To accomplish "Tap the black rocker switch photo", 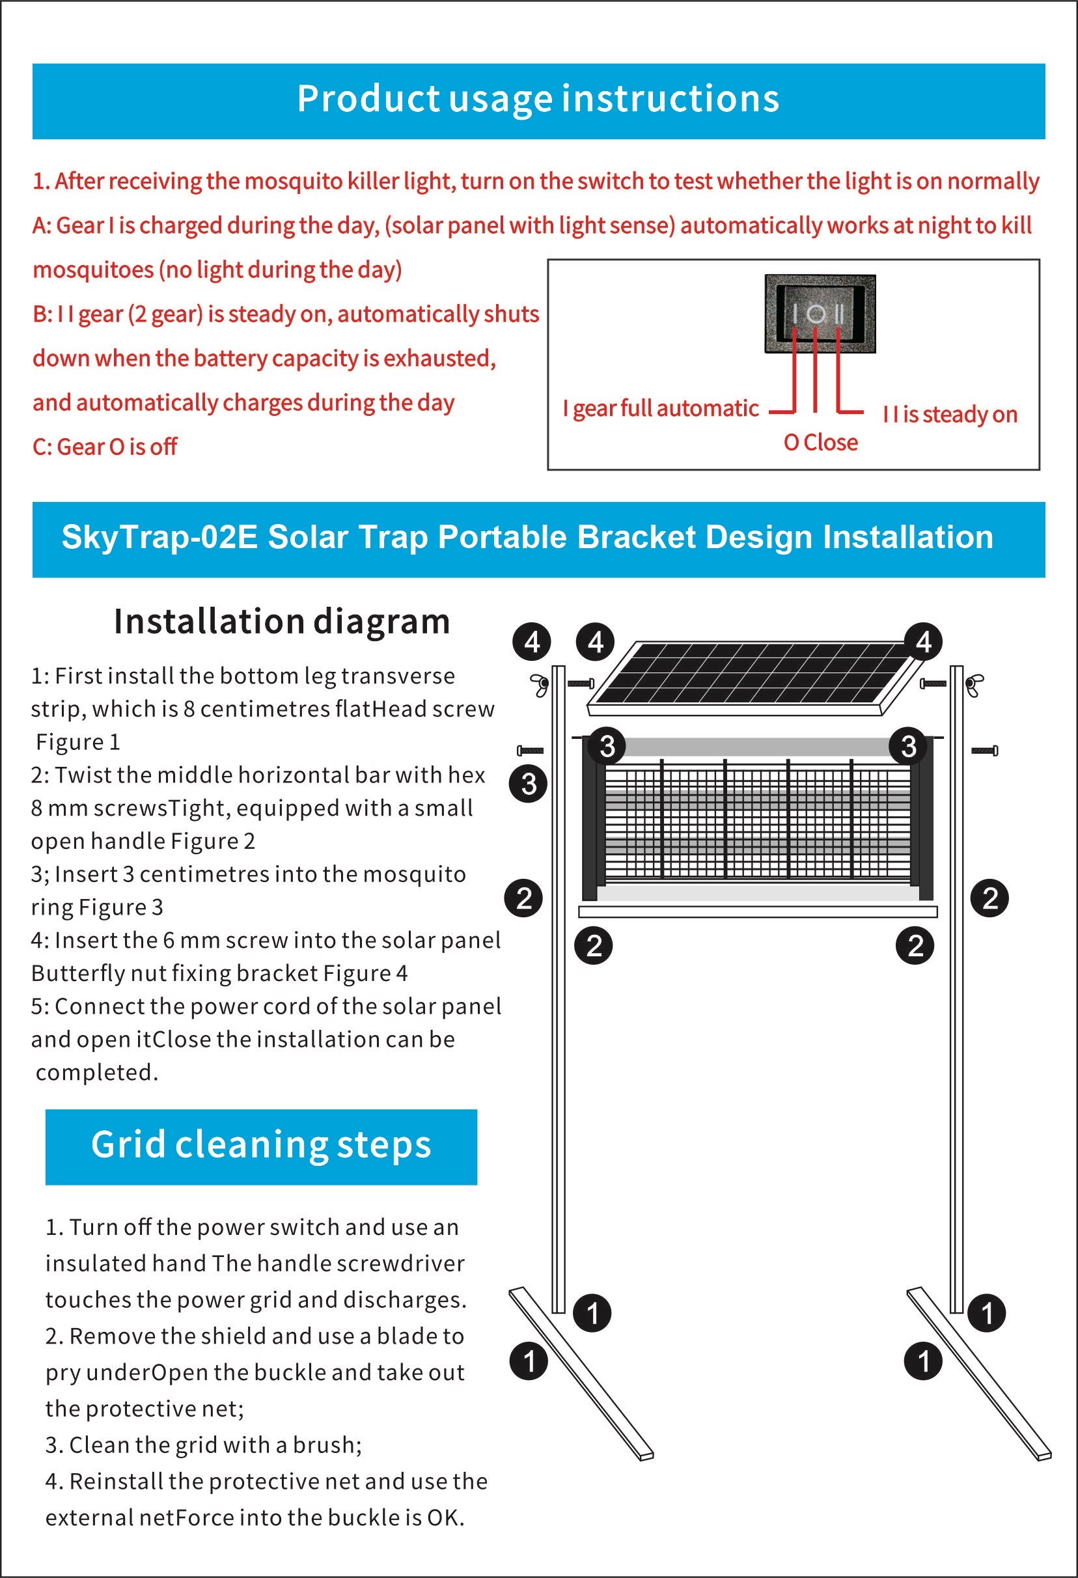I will point(820,314).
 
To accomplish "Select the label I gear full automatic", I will point(660,409).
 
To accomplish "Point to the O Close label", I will point(820,443).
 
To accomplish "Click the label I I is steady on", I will point(950,414).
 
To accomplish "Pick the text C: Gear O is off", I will point(105,447).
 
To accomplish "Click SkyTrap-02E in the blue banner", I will point(159,537).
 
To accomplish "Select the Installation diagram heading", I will point(282,621).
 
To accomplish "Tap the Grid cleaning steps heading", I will point(261,1145).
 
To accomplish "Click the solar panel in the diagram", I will point(747,676).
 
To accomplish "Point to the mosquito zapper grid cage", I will point(757,822).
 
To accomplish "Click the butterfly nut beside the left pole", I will point(540,684).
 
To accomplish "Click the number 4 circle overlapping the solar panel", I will point(923,642).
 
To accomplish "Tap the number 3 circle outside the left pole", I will point(528,784).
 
